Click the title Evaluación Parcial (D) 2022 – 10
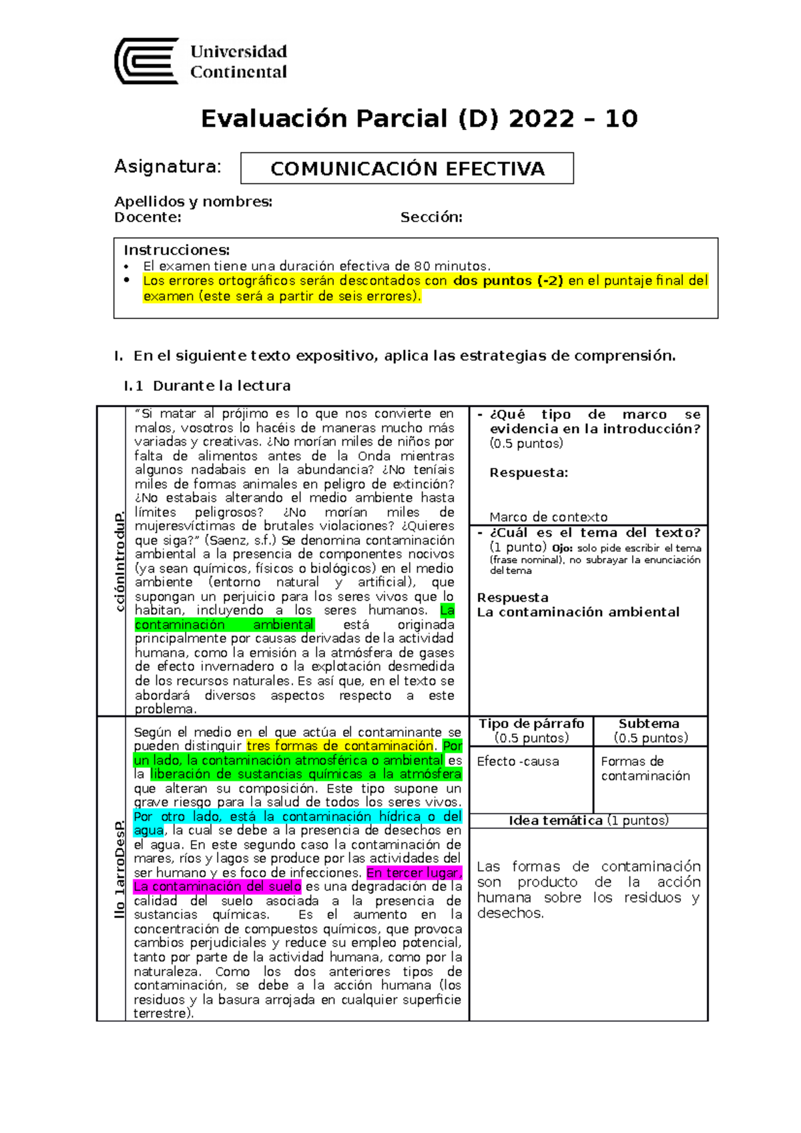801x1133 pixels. point(419,119)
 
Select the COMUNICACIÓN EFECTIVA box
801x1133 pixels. point(407,168)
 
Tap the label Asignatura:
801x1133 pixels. point(168,166)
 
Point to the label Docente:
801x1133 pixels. point(148,217)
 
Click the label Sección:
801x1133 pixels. point(431,217)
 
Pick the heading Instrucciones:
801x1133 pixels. point(176,250)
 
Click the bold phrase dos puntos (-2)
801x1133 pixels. point(508,281)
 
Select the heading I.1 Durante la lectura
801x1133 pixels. point(207,386)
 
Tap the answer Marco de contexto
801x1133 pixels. point(548,517)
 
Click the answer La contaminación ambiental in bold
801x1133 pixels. point(578,612)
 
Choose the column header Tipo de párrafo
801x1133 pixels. point(531,724)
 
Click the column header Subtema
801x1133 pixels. point(649,724)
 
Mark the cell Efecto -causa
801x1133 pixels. point(518,761)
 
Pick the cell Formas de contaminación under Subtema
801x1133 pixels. point(645,769)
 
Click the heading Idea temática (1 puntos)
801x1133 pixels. point(588,821)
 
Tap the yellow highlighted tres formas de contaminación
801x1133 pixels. point(340,746)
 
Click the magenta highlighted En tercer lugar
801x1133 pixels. point(414,873)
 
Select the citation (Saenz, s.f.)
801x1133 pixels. point(240,540)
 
